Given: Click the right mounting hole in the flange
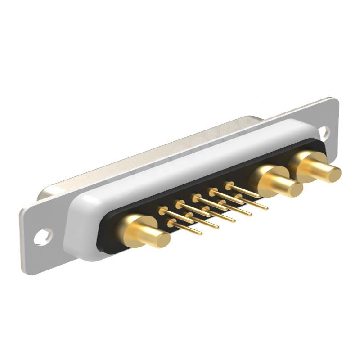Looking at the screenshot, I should pyautogui.click(x=323, y=131).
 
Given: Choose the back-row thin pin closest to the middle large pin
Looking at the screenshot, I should pyautogui.click(x=243, y=191).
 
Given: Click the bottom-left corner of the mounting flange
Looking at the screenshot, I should pyautogui.click(x=25, y=270).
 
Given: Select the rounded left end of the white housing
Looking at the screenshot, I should pyautogui.click(x=74, y=229).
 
